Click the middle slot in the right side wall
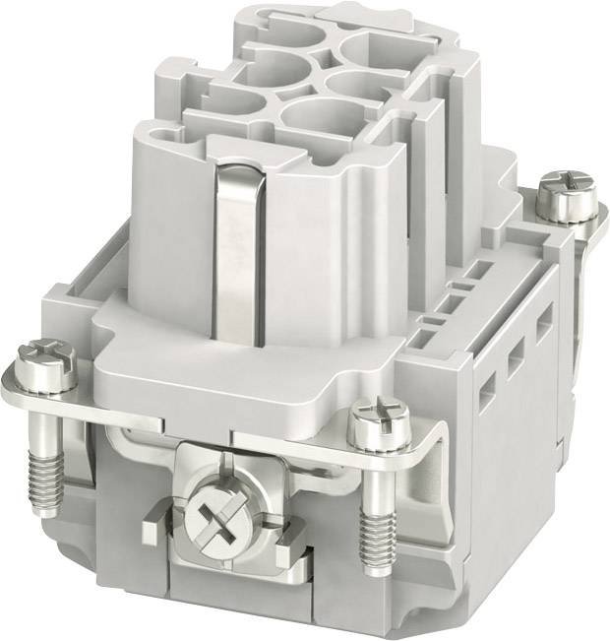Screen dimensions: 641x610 (x=515, y=363)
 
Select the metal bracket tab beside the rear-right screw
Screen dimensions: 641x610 (x=590, y=223)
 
